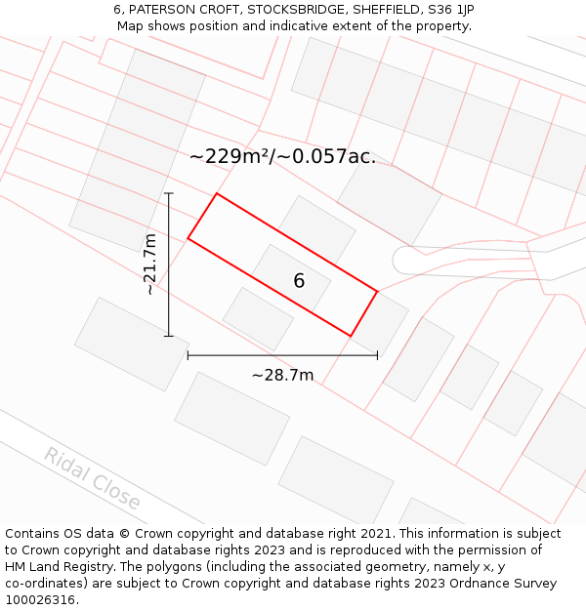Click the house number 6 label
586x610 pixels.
tap(299, 281)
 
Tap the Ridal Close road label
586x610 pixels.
tap(92, 478)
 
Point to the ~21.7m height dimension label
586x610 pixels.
tap(149, 264)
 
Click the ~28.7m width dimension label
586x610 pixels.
tap(282, 376)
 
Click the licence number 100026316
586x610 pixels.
tap(42, 600)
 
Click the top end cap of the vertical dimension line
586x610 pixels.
tap(169, 193)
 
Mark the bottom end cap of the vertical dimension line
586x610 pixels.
tap(169, 336)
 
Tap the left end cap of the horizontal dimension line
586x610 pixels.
tap(188, 355)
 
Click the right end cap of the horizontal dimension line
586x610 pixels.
tap(377, 355)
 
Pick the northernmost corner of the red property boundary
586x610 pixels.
tap(216, 193)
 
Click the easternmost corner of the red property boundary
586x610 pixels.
tap(377, 291)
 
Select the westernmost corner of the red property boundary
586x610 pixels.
tap(188, 238)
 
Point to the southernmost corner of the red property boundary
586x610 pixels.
tap(351, 336)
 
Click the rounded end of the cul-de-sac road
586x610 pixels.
tap(399, 260)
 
